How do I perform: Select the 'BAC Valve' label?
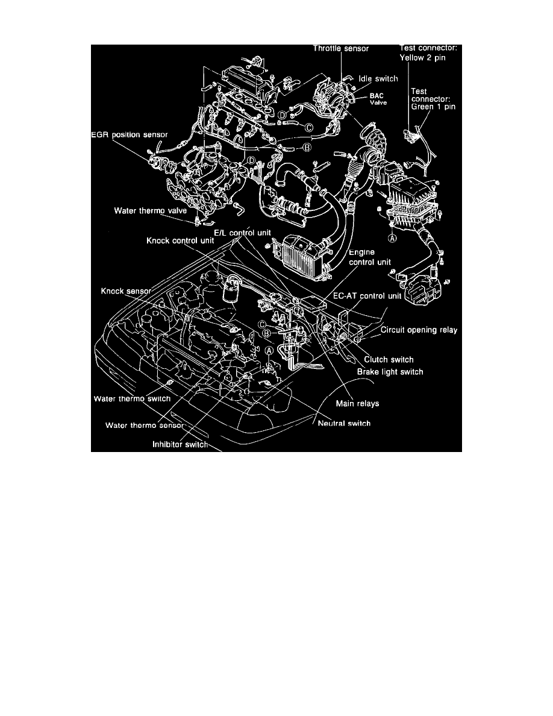(379, 99)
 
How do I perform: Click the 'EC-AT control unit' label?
(367, 297)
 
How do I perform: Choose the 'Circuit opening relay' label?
(419, 331)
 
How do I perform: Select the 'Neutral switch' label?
(344, 423)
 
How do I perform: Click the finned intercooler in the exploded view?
(298, 259)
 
